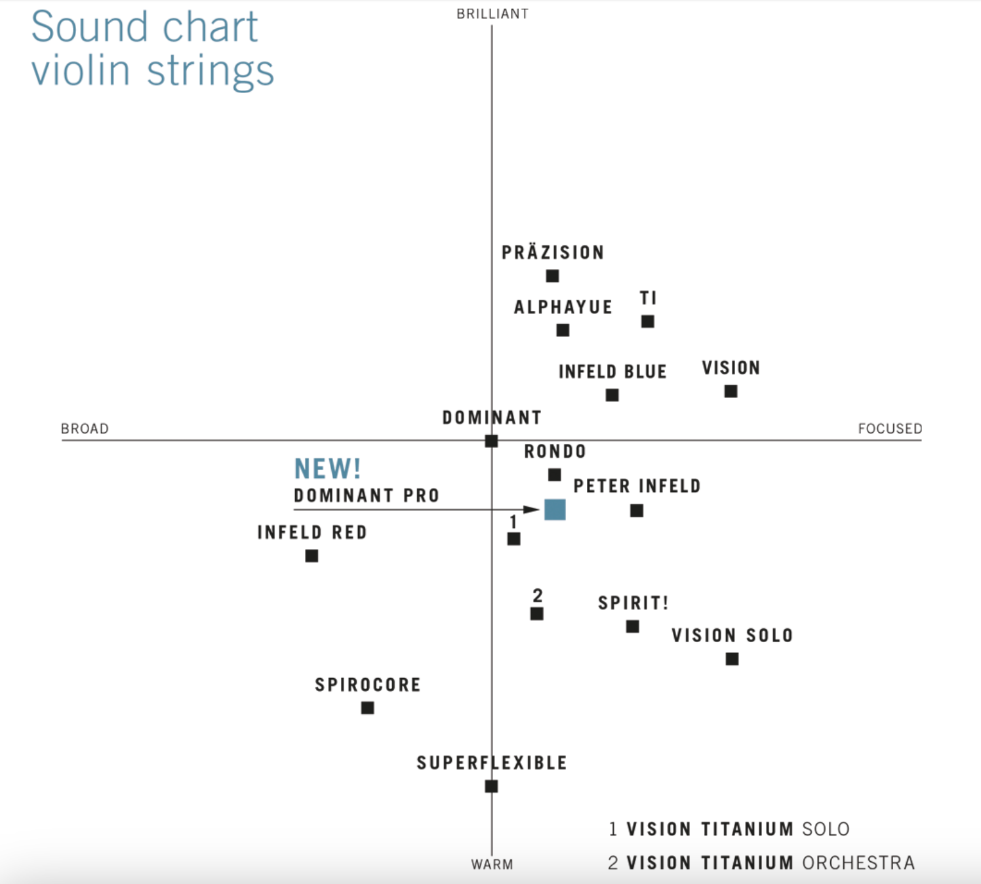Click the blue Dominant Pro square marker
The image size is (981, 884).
tap(555, 510)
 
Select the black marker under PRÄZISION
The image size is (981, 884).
tap(553, 276)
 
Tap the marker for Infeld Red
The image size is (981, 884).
tap(311, 556)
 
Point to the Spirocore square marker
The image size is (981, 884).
tap(367, 708)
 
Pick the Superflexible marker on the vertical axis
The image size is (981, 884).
tap(491, 786)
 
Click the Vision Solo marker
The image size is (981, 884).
tap(732, 659)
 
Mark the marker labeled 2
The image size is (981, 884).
tap(536, 614)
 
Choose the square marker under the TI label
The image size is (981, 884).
tap(647, 321)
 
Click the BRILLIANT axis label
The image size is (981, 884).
tap(492, 14)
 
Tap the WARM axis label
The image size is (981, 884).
tap(492, 864)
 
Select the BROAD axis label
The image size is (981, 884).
tap(85, 429)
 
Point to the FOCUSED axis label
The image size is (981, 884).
tap(890, 429)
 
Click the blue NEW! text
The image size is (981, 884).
tap(327, 469)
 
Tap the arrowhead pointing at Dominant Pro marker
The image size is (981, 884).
tap(532, 510)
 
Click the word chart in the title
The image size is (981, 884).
tap(210, 28)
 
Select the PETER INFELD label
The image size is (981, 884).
tap(637, 486)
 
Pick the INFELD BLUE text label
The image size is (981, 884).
tap(612, 372)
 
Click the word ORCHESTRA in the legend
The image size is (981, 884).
tap(858, 862)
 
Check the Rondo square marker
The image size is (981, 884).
tap(554, 474)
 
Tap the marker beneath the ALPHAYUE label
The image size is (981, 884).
tap(563, 330)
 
